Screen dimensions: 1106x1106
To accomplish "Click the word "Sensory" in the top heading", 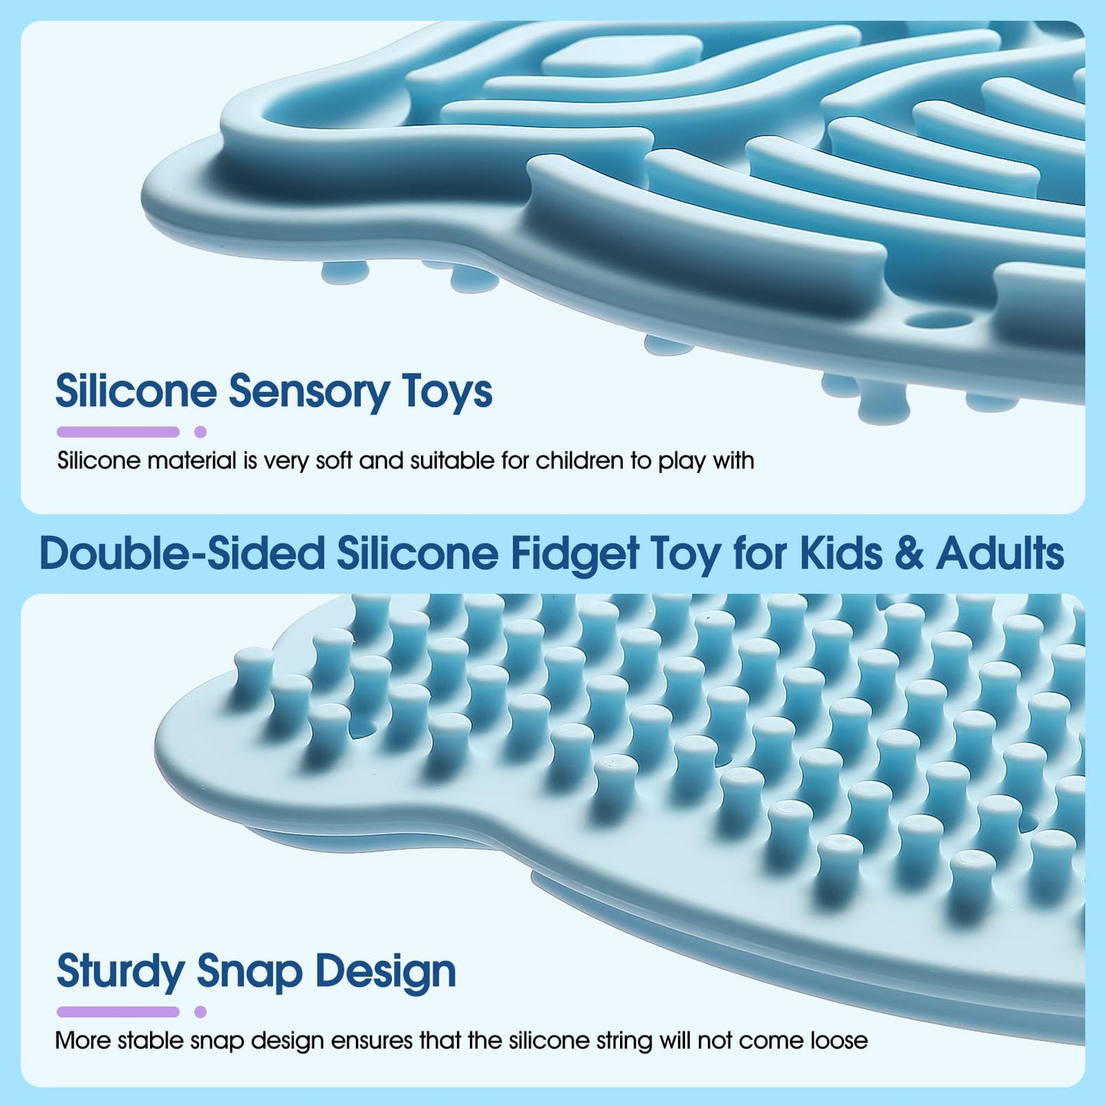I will click(308, 392).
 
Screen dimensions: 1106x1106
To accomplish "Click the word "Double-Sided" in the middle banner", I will click(183, 553).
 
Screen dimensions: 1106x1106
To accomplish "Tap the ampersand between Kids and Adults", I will click(909, 553).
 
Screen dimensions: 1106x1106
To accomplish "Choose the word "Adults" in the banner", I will click(1000, 553).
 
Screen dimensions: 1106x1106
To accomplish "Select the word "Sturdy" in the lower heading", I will click(120, 972).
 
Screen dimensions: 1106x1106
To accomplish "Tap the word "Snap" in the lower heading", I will click(250, 972).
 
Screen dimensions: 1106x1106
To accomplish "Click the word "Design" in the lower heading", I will click(386, 972).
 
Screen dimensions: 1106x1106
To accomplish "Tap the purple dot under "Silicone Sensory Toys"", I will click(201, 432).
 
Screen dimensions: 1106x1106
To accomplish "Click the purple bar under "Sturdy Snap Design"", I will click(118, 1012).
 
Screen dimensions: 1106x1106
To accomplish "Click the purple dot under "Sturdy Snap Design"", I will click(201, 1012).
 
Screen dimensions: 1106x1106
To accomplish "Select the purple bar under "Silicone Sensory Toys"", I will click(118, 432).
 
